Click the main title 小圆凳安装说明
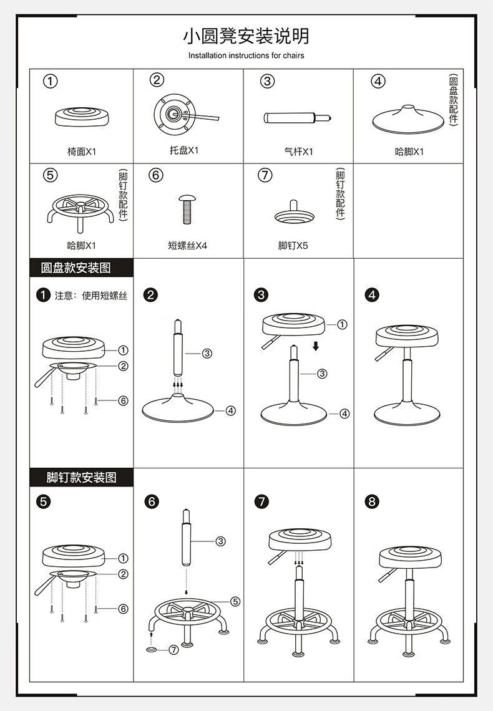[246, 36]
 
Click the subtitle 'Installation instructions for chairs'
[246, 56]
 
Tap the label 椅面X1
[82, 152]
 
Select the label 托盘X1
[184, 150]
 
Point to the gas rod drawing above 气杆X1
[298, 118]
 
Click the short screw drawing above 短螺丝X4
[187, 210]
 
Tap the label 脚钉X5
[293, 245]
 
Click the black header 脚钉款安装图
[82, 477]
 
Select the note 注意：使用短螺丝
[91, 296]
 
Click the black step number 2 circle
[150, 295]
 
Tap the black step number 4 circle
[372, 295]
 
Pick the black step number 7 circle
[261, 501]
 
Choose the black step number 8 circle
[372, 501]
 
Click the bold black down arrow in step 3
[316, 346]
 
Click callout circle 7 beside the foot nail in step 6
[173, 650]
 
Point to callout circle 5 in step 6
[235, 601]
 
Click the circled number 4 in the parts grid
[378, 81]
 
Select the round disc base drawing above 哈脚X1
[408, 120]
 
